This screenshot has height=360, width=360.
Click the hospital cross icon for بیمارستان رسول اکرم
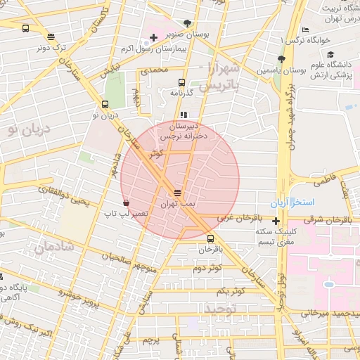coord(154,37)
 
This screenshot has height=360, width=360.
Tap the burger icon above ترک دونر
coord(50,37)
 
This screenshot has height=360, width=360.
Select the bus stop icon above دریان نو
coord(106,103)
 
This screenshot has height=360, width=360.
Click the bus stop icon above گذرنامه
coord(183,82)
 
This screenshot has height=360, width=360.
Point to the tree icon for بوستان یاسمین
coord(282,60)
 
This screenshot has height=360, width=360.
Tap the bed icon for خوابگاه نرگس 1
coord(304,30)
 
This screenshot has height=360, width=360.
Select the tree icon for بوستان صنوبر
coord(186,23)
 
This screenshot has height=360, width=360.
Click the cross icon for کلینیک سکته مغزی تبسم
coord(276,221)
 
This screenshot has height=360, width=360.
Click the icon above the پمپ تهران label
coord(176,191)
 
